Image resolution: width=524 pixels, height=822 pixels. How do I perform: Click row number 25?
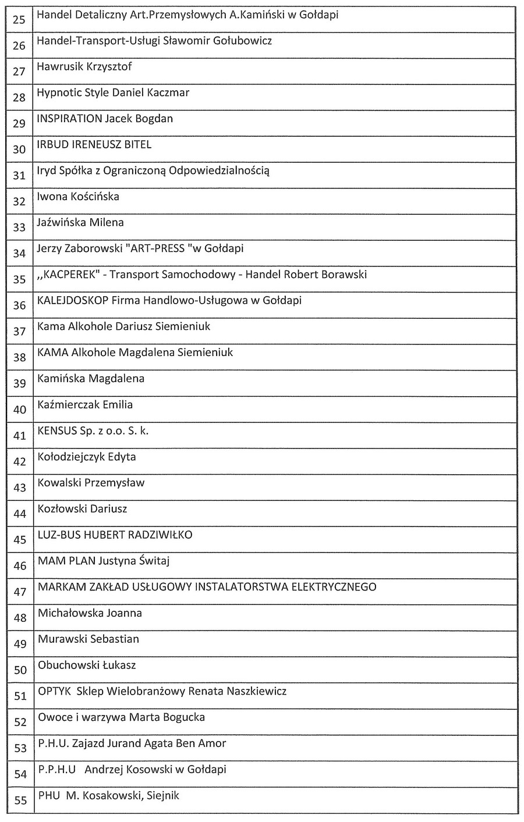(19, 20)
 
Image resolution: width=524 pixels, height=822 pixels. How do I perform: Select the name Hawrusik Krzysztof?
(84, 67)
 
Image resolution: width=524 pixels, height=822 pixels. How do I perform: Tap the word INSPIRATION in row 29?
(69, 119)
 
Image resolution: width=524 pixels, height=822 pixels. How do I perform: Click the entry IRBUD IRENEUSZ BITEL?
(94, 145)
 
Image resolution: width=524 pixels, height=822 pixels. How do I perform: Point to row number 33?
(19, 227)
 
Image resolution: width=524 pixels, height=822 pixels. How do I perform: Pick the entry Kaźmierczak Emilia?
(85, 405)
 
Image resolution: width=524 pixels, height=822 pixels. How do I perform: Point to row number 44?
(20, 514)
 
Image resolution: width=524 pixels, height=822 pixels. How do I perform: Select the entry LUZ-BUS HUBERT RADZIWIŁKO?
(115, 535)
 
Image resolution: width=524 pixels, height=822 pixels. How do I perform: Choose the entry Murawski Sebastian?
(88, 639)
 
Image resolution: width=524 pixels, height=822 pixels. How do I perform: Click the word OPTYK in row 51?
(54, 692)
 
